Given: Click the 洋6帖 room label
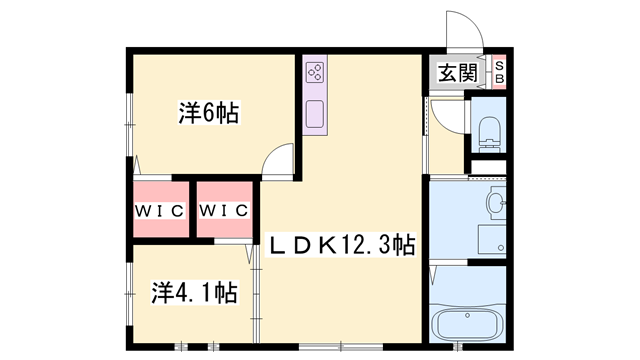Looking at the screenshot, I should click(x=208, y=114).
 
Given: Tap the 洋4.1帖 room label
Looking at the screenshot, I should click(x=194, y=293).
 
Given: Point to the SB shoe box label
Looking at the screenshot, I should click(x=500, y=72).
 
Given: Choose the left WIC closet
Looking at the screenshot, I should click(x=158, y=210).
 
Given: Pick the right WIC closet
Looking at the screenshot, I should click(x=223, y=210).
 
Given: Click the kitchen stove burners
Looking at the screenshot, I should click(x=315, y=71).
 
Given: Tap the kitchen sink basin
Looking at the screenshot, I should click(x=315, y=112).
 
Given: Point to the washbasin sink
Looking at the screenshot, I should click(x=496, y=204).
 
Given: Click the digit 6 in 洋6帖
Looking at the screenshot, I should click(x=210, y=114).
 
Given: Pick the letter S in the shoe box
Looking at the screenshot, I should click(x=500, y=65).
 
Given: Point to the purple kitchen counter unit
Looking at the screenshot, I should click(x=315, y=93).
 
